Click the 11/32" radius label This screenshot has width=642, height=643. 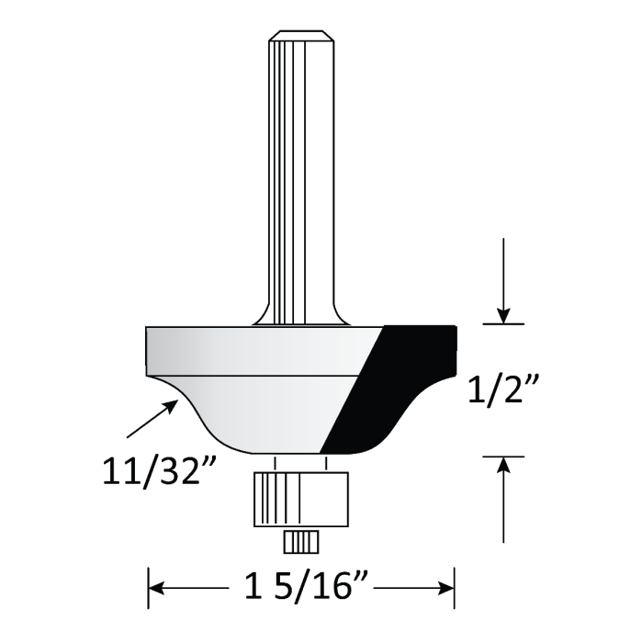tap(152, 472)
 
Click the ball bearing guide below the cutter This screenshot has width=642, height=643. tap(299, 496)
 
